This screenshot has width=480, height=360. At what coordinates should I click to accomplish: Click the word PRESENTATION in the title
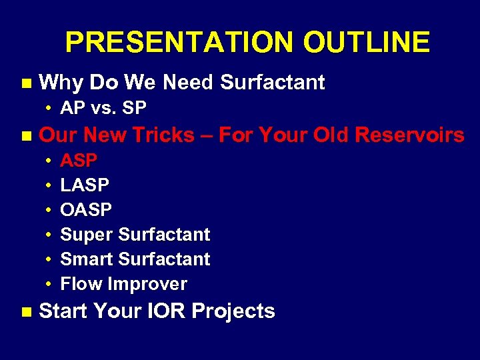coord(179,43)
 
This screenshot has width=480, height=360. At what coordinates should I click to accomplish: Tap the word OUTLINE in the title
coord(366,43)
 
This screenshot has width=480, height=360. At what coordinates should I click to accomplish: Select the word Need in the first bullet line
coord(189,83)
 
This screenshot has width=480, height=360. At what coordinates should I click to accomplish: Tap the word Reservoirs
coord(409,135)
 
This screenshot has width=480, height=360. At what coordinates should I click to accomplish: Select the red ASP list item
coord(79,161)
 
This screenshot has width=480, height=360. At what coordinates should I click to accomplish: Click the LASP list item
coord(85,185)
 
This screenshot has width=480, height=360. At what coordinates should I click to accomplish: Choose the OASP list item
coord(86,210)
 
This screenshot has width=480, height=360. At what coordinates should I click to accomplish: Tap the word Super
coord(87,235)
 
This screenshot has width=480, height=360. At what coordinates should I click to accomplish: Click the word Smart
coord(87,259)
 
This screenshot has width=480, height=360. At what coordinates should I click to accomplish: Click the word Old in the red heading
coord(331,135)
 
